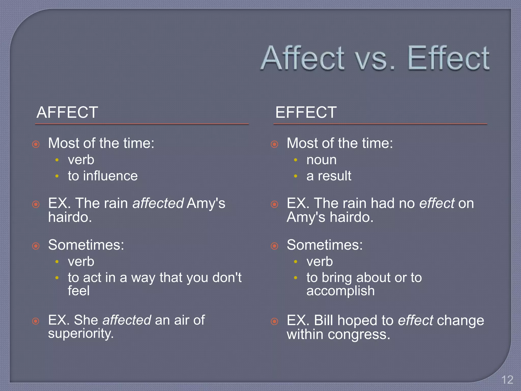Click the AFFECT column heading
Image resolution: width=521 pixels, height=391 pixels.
coord(67,112)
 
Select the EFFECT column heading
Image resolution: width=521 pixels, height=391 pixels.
coord(306,112)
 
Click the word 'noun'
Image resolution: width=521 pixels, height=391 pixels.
coord(321,160)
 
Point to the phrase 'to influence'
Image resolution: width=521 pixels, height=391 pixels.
coord(103,176)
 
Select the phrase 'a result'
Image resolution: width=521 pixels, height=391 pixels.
coord(329,176)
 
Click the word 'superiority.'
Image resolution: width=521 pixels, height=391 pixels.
coord(81,333)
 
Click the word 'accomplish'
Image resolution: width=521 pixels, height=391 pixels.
coord(340,291)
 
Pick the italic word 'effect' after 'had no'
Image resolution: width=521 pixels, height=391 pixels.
coord(437,203)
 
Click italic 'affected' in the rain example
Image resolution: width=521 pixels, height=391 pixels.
coord(158,203)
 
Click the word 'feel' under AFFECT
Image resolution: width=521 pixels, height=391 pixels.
coord(79,291)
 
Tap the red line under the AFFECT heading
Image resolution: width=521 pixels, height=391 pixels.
coord(142,124)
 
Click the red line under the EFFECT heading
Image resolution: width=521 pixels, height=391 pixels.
coord(380,124)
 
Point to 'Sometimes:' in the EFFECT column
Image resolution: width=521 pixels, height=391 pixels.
coord(325,245)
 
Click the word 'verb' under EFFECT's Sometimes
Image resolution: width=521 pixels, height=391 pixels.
coord(320,262)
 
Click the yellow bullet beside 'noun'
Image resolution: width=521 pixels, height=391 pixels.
coord(295,160)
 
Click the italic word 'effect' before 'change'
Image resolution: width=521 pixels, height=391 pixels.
coord(415,320)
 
